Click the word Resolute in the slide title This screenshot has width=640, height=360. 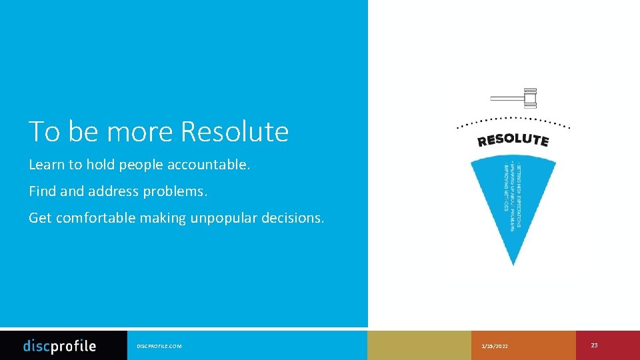coord(234,132)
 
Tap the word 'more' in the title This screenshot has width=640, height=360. coord(141,132)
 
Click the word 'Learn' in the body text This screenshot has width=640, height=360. coord(44,165)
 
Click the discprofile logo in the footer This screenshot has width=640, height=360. coord(59,346)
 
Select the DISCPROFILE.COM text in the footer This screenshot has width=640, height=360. coord(159,347)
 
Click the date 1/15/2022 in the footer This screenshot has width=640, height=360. coord(494,347)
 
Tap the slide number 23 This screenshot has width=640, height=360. coord(594,345)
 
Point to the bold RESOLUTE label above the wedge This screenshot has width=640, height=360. coord(513,140)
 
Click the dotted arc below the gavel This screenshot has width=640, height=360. coord(513,120)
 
